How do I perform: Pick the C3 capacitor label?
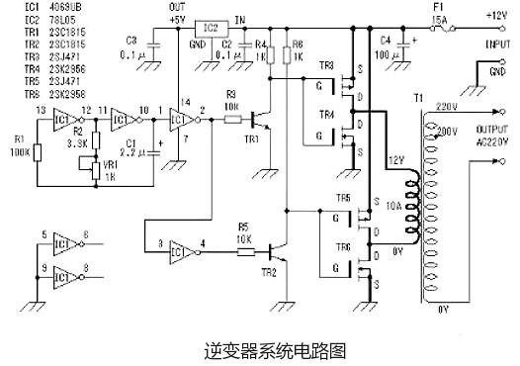tap(133, 40)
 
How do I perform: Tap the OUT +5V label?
tap(177, 14)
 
